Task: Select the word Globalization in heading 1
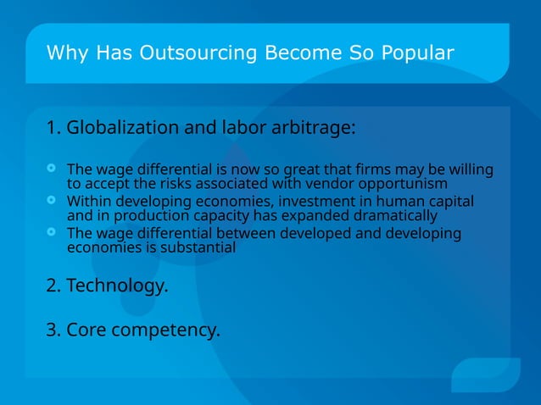(120, 128)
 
